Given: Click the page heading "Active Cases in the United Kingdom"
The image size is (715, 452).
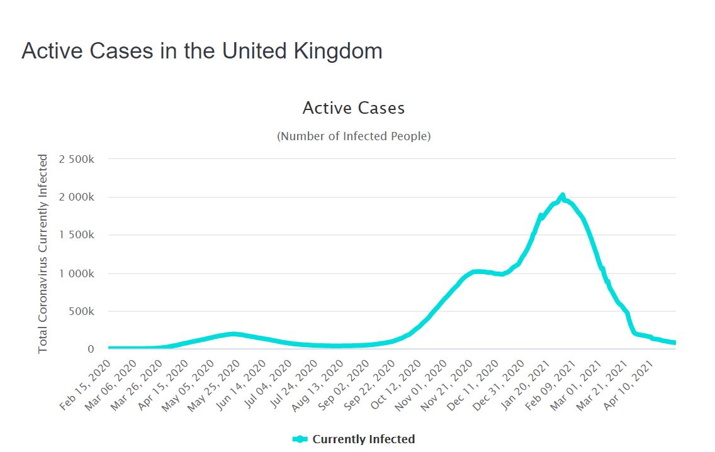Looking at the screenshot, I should click(x=201, y=51).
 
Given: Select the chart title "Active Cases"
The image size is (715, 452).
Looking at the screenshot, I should click(x=353, y=108).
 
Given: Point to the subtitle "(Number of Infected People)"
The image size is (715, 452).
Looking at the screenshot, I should click(x=354, y=136).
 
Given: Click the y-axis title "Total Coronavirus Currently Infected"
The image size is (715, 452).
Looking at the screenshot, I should click(x=43, y=253).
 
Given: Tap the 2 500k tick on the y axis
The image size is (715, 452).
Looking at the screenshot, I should click(x=76, y=159).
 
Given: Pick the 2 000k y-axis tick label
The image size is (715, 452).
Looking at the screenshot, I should click(x=76, y=197).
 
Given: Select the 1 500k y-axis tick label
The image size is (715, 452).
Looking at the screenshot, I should click(x=76, y=235).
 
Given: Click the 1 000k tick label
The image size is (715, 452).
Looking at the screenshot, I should click(x=76, y=273).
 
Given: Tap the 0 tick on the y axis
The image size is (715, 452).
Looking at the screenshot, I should click(x=91, y=349).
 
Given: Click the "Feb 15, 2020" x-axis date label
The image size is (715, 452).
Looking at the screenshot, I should click(x=86, y=385).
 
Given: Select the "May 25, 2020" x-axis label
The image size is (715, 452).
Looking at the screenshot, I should click(x=215, y=385).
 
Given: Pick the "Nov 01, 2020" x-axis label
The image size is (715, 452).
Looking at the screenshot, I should click(x=422, y=385).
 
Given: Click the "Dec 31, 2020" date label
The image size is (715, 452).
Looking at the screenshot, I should click(x=499, y=385).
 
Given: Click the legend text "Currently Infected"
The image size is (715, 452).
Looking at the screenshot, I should click(x=364, y=439).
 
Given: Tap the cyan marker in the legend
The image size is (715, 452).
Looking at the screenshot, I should click(x=300, y=439).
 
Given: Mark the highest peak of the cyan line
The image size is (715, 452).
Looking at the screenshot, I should click(x=562, y=196).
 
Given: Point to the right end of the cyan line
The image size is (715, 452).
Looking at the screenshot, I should click(x=675, y=343).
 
